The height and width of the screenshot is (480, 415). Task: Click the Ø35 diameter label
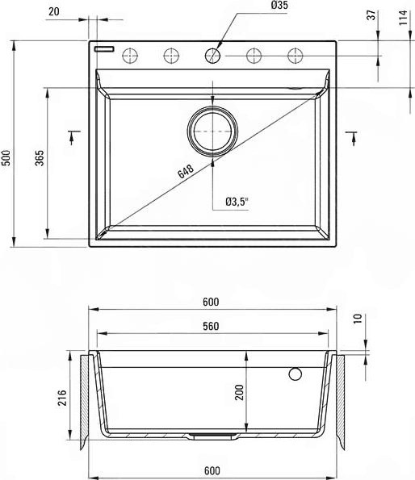279,5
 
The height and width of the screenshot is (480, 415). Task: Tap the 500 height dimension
6,157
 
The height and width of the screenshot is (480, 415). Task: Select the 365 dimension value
40,157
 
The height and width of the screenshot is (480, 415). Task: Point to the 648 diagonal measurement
186,171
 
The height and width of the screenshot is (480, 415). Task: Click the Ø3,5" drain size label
237,202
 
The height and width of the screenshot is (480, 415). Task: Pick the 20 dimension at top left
54,11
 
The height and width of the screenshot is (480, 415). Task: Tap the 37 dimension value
371,15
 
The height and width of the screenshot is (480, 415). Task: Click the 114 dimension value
404,18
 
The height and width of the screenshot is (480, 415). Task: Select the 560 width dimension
211,327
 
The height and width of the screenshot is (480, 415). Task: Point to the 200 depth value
239,392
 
